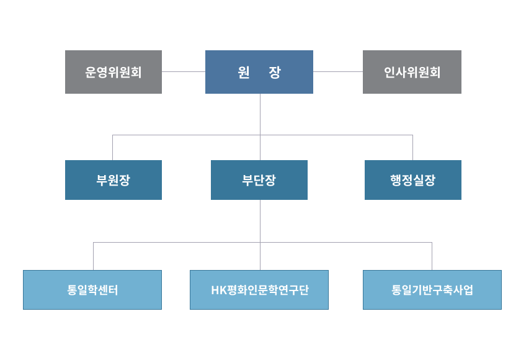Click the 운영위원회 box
tap(114, 72)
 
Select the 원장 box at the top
tap(259, 72)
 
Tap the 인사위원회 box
tap(412, 72)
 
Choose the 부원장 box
tap(114, 180)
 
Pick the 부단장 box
tap(259, 180)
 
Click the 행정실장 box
tap(413, 180)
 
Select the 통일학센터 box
tap(92, 290)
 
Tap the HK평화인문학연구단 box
tap(259, 290)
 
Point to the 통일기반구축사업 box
tap(432, 290)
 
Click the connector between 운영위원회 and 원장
tap(184, 71)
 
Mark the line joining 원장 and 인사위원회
tap(338, 71)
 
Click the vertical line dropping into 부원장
tap(113, 148)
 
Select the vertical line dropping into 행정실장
tap(412, 148)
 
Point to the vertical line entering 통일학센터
tap(94, 256)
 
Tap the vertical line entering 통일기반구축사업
tap(432, 256)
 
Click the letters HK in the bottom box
tap(219, 290)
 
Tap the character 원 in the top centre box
tap(244, 72)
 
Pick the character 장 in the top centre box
tap(275, 72)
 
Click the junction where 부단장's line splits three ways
tap(260, 242)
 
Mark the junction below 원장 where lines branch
tap(260, 135)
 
